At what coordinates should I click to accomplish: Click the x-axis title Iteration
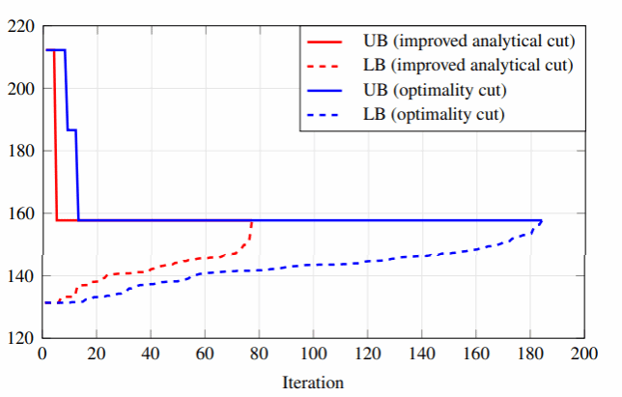pos(312,382)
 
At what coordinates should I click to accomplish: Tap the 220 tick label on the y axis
pos(20,26)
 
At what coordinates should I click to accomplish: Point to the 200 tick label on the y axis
pos(20,88)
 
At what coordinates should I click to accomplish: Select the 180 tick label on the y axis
pos(20,151)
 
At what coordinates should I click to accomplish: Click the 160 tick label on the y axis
pos(20,213)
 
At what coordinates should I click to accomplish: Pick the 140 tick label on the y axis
pos(20,276)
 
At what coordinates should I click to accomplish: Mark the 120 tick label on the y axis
pos(20,338)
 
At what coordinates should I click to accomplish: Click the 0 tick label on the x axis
pos(42,354)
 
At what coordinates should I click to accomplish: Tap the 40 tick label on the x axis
pos(151,354)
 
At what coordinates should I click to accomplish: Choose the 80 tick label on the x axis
pos(259,354)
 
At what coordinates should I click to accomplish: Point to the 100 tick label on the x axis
pos(312,354)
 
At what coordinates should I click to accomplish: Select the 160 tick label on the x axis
pos(474,354)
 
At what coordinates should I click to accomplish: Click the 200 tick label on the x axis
pos(582,354)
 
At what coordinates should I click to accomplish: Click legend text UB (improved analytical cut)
pos(468,42)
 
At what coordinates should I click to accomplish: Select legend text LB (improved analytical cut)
pos(468,66)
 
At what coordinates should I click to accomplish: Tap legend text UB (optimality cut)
pos(436,90)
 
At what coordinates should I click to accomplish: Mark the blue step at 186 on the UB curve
pos(71,129)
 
